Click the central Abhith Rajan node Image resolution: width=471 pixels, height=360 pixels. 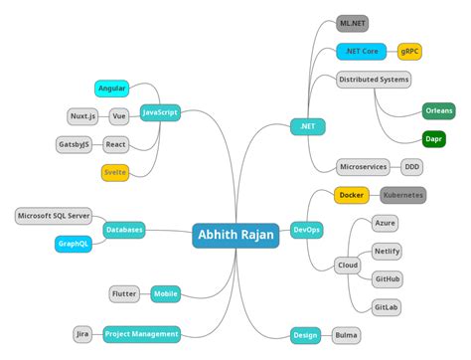pos(235,235)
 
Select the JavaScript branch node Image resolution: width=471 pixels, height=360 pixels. pos(160,112)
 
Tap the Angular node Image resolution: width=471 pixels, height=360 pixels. pos(111,89)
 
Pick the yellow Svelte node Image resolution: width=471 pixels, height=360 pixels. pos(115,172)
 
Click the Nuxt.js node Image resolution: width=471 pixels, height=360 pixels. pos(82,116)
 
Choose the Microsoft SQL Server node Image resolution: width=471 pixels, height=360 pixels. pos(54,216)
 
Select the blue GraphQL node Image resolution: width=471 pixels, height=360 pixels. pos(75,243)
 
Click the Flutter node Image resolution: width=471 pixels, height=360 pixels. pos(125,293)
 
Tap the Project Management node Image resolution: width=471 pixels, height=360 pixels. pos(141,334)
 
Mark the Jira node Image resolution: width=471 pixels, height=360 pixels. pos(83,334)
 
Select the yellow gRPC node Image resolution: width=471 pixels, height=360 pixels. pos(410,51)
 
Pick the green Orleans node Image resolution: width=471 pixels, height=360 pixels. pos(439,110)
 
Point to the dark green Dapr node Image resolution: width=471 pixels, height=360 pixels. pos(433,138)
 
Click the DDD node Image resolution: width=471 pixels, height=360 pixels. pos(411,167)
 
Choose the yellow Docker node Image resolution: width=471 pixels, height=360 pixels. pos(351,195)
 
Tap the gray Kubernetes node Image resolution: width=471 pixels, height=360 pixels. pos(402,195)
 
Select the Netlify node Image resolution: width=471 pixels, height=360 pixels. pos(388,252)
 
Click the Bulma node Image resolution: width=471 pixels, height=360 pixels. pos(346,335)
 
